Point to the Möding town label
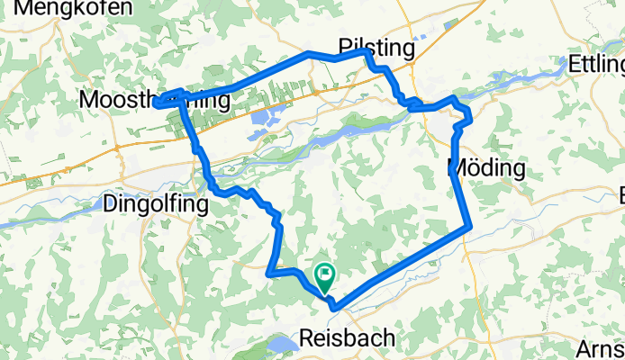pyautogui.click(x=486, y=167)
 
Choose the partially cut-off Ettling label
pyautogui.click(x=597, y=65)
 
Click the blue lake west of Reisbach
pyautogui.click(x=282, y=346)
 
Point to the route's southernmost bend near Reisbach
pyautogui.click(x=334, y=307)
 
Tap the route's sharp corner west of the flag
pyautogui.click(x=270, y=268)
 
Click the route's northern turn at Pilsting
pyautogui.click(x=367, y=53)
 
